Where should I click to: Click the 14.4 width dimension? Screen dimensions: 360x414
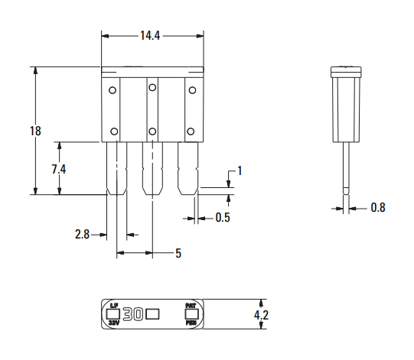coord(152,35)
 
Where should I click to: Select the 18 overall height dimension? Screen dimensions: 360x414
coord(35,131)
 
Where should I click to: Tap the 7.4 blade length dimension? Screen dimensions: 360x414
coord(59,169)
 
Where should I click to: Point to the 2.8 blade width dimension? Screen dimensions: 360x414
coord(83,235)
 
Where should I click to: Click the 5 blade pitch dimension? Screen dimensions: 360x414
coord(178,253)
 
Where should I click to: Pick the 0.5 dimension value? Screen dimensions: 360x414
coord(223,218)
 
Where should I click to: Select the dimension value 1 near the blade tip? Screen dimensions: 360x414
coord(240,170)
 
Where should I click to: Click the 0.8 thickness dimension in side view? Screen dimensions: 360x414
coord(378,207)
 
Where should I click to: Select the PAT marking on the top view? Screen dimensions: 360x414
coord(191,306)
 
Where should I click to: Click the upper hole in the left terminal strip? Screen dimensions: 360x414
coord(113,89)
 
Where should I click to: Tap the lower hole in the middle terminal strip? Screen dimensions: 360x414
coord(152,132)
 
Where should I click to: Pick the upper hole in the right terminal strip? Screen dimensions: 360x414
coord(191,89)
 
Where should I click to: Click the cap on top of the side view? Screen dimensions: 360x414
coord(347,72)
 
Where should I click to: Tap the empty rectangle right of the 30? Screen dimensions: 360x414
coord(152,314)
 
